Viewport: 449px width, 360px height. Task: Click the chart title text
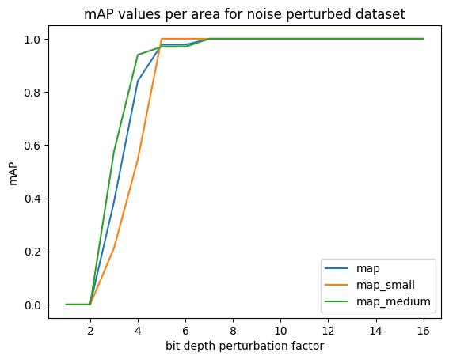coord(245,14)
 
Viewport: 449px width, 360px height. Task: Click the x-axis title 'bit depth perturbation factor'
coord(245,346)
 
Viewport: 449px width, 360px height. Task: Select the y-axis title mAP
coord(13,172)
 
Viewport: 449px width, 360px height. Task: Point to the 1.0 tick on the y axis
coord(32,39)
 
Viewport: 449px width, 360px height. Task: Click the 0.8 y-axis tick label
coord(32,92)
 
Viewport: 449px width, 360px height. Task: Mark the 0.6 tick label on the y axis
coord(32,146)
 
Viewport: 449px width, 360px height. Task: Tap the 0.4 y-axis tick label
coord(32,199)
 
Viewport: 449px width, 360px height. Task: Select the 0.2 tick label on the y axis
coord(32,252)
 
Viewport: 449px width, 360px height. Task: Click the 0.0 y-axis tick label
coord(32,305)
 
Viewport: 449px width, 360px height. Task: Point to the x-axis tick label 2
coord(90,331)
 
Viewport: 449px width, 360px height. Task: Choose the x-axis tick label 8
coord(233,331)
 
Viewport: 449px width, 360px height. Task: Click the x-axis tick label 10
coord(280,331)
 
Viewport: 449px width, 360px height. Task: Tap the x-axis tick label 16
coord(424,331)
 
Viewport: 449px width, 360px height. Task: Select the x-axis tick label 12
coord(328,331)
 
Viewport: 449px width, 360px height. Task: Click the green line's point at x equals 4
coord(138,55)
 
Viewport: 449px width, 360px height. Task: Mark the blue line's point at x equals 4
coord(138,81)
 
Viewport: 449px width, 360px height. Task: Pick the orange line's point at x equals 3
coord(114,247)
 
